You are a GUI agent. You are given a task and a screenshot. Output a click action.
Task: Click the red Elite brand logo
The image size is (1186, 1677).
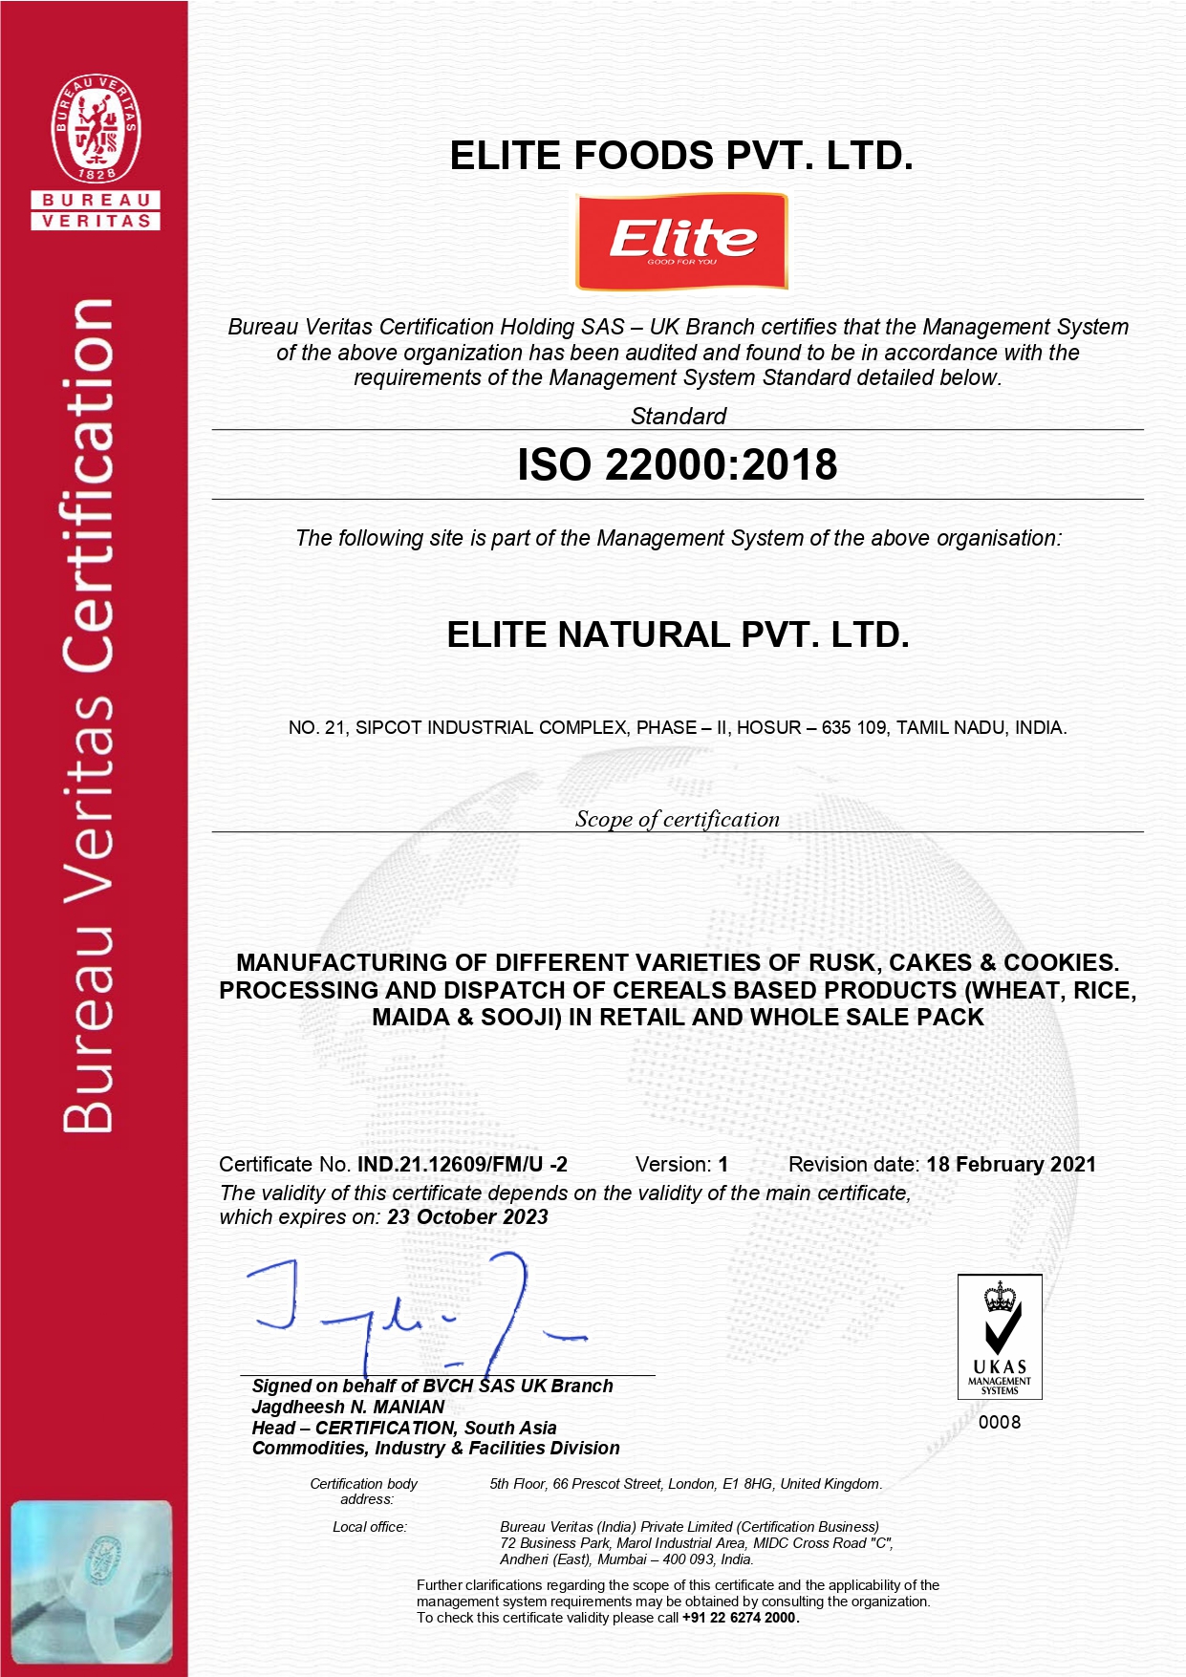[x=681, y=241]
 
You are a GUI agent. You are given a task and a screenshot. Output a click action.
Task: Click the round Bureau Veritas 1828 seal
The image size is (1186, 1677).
[x=96, y=129]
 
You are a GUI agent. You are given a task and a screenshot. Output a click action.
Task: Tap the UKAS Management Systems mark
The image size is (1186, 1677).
[x=1000, y=1337]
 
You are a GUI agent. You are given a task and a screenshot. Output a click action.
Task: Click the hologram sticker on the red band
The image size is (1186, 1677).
[x=92, y=1581]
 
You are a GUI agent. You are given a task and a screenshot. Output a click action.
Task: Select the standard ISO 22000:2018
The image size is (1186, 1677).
[x=677, y=465]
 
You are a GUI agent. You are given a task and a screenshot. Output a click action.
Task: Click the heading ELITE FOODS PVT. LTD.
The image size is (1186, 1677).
[x=680, y=156]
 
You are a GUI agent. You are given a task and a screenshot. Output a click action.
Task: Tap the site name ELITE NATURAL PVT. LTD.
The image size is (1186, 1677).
[x=678, y=635]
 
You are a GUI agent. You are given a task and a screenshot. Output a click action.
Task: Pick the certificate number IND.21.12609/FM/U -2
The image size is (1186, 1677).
[x=463, y=1164]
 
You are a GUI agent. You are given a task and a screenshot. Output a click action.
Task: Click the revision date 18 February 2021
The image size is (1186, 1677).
[x=1011, y=1164]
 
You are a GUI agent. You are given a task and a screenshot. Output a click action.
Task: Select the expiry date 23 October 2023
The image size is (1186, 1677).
[x=467, y=1216]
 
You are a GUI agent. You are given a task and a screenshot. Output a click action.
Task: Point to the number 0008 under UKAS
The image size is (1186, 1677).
[x=1000, y=1422]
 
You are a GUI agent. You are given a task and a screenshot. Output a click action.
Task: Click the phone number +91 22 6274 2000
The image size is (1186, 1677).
[x=740, y=1618]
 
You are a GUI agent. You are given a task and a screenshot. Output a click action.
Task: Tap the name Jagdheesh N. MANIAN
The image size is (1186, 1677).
[x=348, y=1407]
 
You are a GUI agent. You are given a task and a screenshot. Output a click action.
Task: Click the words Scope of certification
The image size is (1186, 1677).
[x=677, y=819]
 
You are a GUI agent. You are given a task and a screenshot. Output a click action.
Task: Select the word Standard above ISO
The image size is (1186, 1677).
[x=679, y=416]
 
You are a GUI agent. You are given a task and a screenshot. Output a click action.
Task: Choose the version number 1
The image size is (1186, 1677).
[x=723, y=1164]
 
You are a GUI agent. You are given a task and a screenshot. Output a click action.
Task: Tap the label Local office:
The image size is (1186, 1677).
[x=370, y=1527]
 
